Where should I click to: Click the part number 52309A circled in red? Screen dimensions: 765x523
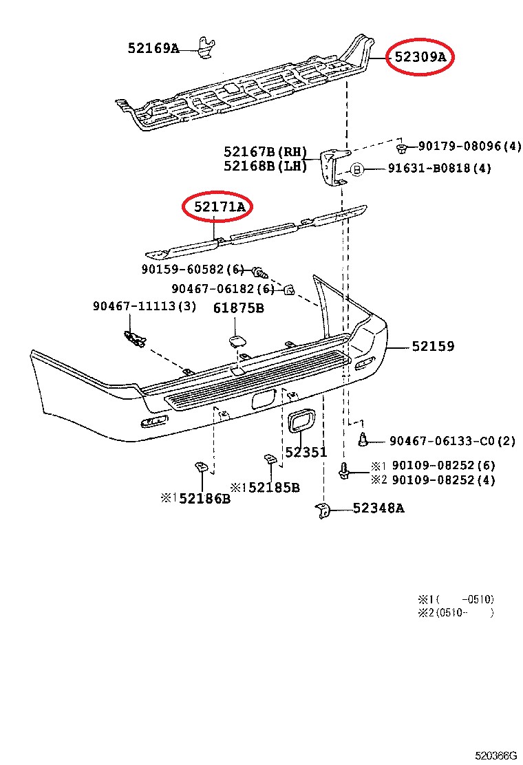tap(420, 58)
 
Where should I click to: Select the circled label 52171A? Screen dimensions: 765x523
tap(218, 206)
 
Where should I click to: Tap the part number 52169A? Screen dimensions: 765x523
tap(153, 48)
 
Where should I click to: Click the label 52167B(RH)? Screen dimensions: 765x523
tap(265, 151)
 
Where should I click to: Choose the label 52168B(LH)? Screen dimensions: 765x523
tap(265, 166)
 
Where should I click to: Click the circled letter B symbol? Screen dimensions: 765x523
tap(357, 169)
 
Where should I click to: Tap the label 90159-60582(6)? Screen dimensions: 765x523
tap(193, 270)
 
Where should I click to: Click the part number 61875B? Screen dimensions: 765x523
tap(238, 308)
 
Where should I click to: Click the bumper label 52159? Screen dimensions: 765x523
tap(434, 347)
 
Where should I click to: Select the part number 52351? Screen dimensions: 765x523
tap(306, 453)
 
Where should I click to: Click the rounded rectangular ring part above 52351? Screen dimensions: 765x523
tap(301, 422)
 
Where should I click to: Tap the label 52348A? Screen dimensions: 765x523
tap(378, 508)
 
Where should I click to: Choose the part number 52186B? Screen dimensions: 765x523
tap(204, 498)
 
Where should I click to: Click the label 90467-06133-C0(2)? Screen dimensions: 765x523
tap(451, 440)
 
